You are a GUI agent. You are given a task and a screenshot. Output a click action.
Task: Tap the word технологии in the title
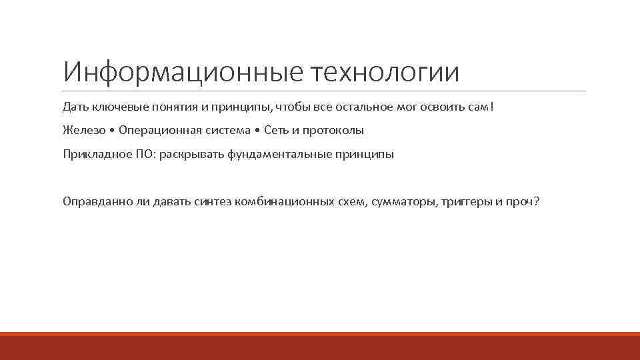point(385,72)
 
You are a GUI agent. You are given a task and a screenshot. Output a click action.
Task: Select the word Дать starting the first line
point(74,107)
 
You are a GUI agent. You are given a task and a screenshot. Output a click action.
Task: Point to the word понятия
point(166,107)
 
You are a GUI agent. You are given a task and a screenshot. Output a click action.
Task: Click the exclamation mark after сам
point(492,107)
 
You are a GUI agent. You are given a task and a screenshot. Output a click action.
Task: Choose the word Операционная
point(157,130)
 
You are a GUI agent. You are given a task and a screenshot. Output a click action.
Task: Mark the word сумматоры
point(405,201)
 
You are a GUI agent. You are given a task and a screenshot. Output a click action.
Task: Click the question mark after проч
point(537,201)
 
